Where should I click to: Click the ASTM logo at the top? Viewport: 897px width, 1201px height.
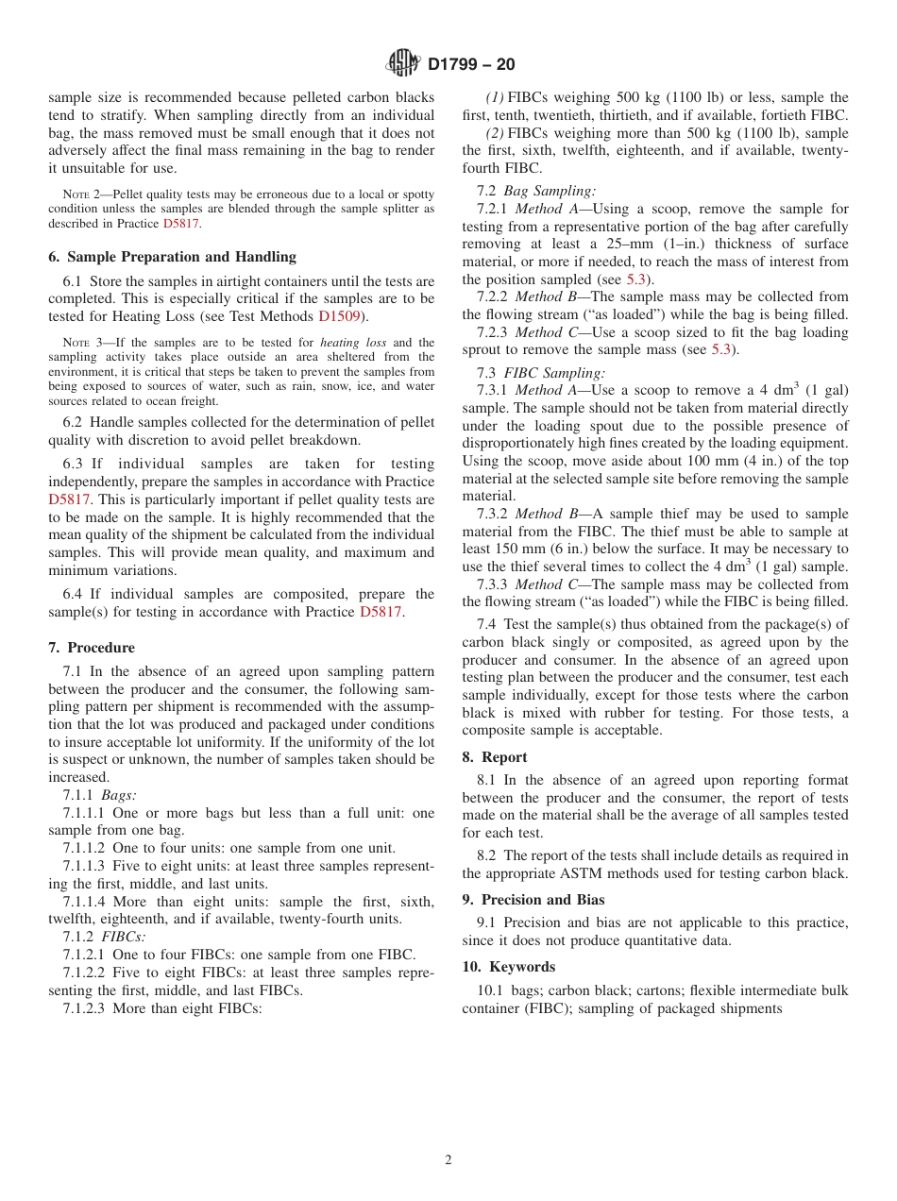[403, 63]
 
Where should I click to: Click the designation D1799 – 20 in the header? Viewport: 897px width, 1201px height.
[470, 64]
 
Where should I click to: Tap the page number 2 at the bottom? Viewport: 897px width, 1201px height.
[448, 1160]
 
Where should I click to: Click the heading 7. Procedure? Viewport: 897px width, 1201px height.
[92, 648]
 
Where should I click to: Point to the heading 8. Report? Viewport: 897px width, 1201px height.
[495, 757]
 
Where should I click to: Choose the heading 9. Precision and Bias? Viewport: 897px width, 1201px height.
[533, 900]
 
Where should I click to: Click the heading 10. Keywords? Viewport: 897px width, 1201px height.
[509, 967]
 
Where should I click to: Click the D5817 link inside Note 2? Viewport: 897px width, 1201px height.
[180, 224]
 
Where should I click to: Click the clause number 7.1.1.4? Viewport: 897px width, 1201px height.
[86, 902]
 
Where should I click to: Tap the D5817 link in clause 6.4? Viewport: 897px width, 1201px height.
[381, 612]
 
